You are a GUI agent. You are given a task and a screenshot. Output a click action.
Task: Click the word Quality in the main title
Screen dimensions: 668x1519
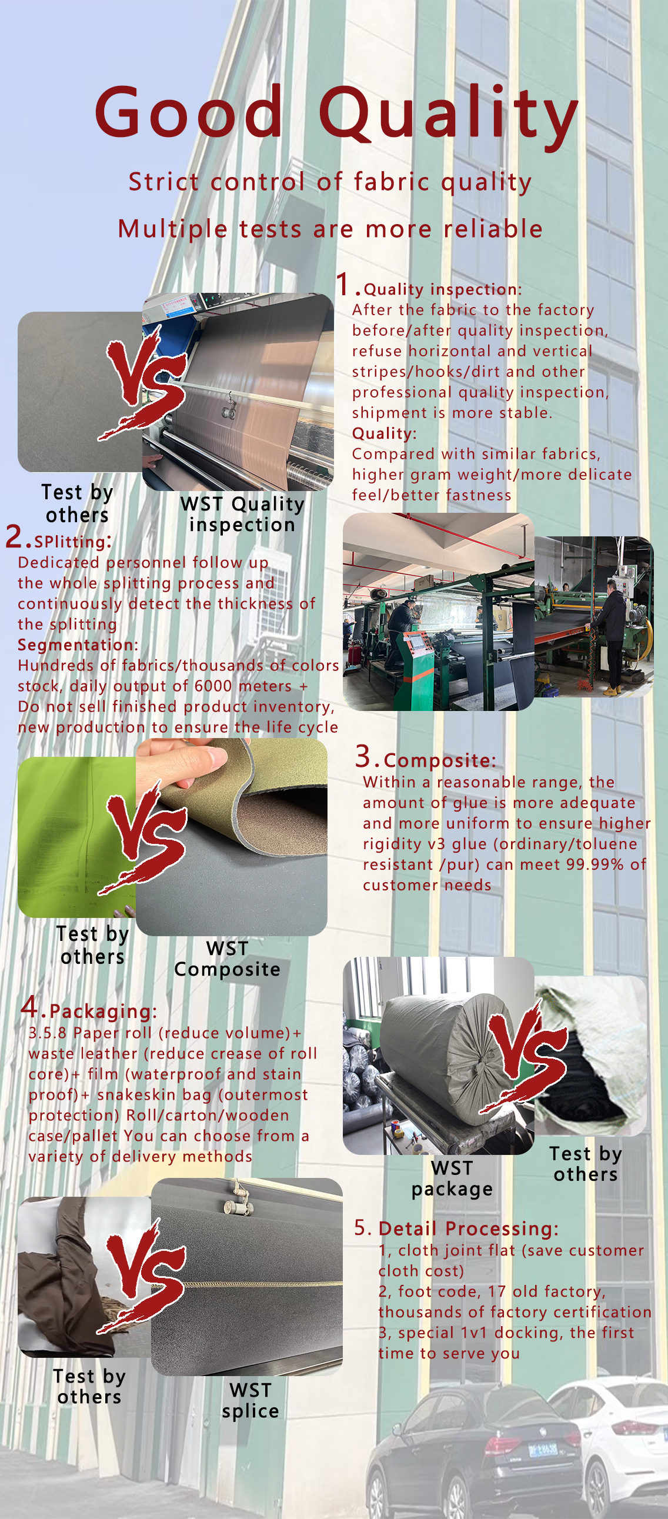448,116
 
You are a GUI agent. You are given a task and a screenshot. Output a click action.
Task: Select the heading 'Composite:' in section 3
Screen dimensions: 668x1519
440,761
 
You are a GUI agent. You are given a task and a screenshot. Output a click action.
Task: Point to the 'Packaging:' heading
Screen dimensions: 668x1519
103,1011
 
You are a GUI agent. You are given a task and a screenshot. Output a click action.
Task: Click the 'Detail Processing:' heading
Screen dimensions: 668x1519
468,1228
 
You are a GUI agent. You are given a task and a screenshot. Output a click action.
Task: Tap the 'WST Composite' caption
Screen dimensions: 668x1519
227,958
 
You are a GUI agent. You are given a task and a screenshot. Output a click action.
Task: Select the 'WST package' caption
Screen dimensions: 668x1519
452,1178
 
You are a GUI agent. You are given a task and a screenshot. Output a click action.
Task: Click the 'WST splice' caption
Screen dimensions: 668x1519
250,1400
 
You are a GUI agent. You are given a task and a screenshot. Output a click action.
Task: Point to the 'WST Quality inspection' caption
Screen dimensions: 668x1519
242,514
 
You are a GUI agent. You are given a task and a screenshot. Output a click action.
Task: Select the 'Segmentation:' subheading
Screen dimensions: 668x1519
78,645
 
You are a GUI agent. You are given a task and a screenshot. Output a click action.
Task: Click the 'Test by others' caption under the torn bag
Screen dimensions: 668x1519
586,1163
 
